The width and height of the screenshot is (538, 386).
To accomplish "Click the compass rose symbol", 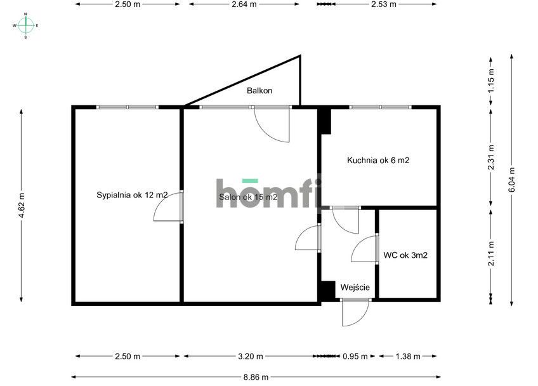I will [25, 25].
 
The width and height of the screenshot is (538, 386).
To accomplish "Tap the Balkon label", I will [259, 91].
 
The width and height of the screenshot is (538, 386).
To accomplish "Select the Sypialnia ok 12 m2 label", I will [132, 195].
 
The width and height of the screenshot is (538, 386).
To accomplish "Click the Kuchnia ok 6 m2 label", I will [377, 161].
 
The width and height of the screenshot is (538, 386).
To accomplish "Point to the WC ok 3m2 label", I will [405, 256].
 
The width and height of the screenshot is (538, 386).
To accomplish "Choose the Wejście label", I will [355, 288].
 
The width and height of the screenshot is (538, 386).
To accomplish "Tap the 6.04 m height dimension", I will [512, 178].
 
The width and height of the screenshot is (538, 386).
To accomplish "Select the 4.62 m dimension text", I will [22, 206].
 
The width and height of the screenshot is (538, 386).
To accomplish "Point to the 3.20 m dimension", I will [249, 356].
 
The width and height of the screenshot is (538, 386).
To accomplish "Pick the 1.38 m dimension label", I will [407, 356].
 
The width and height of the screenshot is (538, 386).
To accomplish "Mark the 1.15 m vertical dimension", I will [490, 81].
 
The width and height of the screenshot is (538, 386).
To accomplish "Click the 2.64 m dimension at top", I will [244, 4].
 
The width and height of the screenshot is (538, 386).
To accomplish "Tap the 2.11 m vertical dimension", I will [490, 253].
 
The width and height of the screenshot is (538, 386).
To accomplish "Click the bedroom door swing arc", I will [168, 210].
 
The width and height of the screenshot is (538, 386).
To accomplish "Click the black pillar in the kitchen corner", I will [324, 121].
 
